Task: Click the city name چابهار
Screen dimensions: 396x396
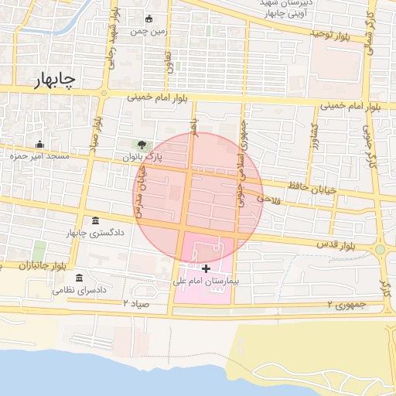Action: pos(55,81)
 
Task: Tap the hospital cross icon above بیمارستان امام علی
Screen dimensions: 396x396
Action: pos(206,268)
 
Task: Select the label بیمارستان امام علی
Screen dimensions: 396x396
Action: pos(206,282)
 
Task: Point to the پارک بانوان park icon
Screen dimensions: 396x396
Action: pos(141,144)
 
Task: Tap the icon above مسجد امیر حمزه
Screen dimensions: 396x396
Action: pos(39,144)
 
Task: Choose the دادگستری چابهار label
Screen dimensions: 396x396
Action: pos(95,233)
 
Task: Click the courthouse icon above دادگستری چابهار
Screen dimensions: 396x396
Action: pos(95,221)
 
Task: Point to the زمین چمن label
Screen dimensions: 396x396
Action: pos(149,32)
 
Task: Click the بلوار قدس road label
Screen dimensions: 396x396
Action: pos(333,244)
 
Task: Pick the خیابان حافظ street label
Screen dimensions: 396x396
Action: pos(309,186)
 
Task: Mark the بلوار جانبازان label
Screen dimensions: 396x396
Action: pos(22,265)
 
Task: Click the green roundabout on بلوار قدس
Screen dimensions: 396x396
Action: pos(380,250)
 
